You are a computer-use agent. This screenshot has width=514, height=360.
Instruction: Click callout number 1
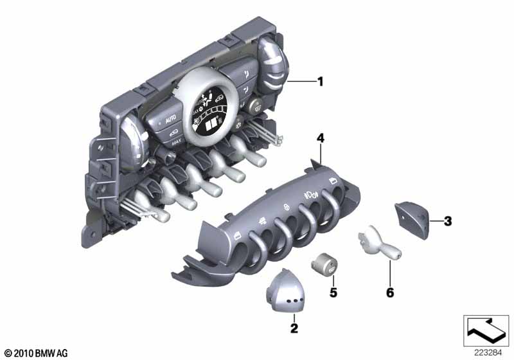click(x=320, y=82)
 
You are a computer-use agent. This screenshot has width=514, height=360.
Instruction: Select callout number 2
click(x=294, y=328)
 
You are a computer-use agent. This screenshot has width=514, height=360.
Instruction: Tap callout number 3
click(x=447, y=221)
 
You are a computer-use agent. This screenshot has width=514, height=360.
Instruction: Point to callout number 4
click(x=320, y=138)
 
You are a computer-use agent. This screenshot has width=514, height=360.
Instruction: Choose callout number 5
click(x=333, y=292)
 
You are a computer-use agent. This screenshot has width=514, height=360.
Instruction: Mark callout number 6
click(x=390, y=292)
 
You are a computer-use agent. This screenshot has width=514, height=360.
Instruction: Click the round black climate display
click(x=211, y=111)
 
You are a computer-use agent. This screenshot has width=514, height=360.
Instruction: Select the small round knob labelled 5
click(x=324, y=265)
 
